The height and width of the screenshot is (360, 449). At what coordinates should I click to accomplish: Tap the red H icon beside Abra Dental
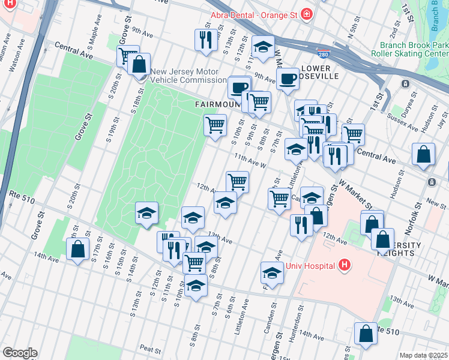tap(307, 14)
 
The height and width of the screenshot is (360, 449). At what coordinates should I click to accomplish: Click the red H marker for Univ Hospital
tap(344, 265)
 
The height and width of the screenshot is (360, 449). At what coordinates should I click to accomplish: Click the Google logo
tap(20, 353)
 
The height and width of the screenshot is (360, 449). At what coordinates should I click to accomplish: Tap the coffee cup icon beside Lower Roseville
tap(288, 77)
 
